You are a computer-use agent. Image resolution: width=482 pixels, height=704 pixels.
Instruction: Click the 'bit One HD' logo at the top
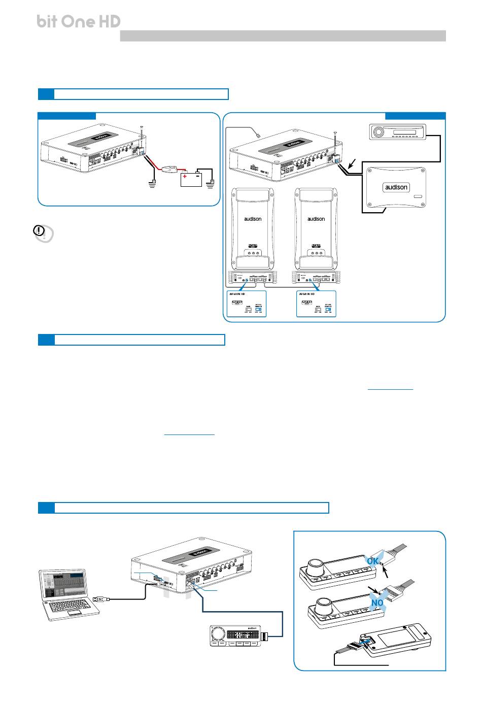pyautogui.click(x=79, y=21)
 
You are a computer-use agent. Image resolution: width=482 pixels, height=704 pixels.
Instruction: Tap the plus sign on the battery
pyautogui.click(x=185, y=177)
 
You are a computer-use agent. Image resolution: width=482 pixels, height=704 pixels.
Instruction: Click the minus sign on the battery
pyautogui.click(x=198, y=177)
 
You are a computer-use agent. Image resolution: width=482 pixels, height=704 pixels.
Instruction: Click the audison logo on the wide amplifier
pyautogui.click(x=396, y=187)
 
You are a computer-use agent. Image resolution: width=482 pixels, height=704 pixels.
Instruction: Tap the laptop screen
pyautogui.click(x=63, y=586)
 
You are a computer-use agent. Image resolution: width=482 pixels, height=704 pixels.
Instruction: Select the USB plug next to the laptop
pyautogui.click(x=99, y=599)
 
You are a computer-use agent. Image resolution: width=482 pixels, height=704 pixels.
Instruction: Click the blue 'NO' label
pyautogui.click(x=377, y=602)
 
